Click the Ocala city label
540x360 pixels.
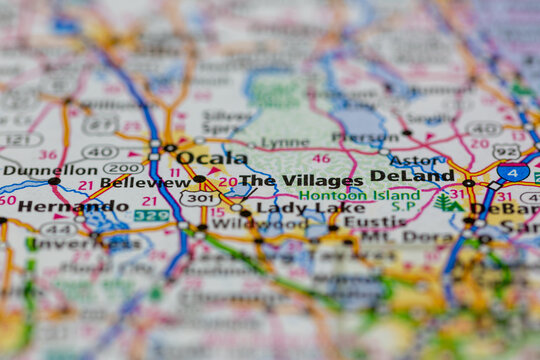pos(212,158)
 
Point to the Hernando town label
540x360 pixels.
pos(60,206)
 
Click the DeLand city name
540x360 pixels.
pos(412,176)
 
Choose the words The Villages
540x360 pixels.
pos(301,181)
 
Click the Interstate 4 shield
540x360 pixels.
pos(513,173)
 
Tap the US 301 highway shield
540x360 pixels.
pos(200,198)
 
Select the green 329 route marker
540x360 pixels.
pos(152,215)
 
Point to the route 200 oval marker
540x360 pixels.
pos(123,168)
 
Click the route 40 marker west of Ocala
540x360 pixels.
pos(99,152)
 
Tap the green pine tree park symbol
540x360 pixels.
pos(443,202)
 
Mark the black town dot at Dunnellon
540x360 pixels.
pos(54,181)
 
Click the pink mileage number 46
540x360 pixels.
pos(320,158)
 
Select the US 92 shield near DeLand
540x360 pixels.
pos(506,152)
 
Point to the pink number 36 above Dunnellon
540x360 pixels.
pos(47,154)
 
